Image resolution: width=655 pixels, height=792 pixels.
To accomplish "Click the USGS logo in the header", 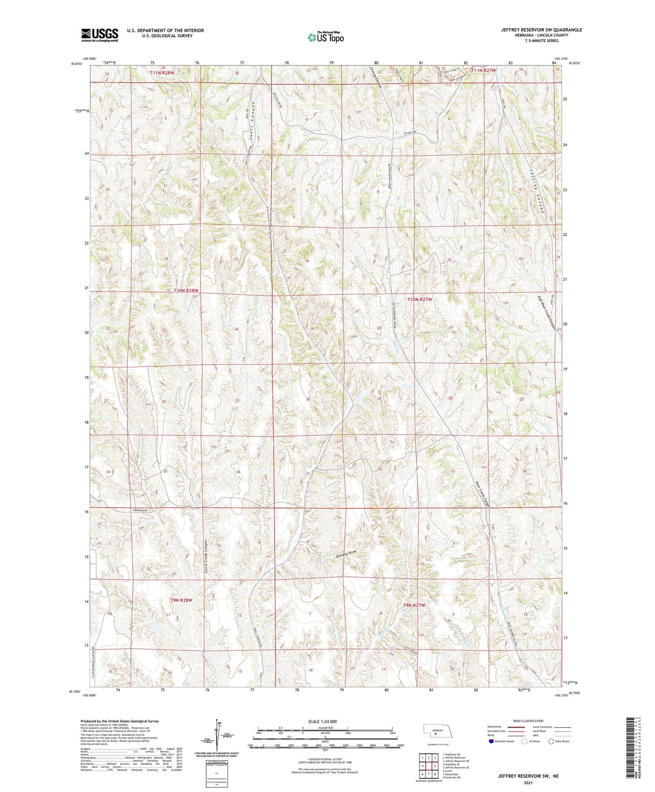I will [x=100, y=34].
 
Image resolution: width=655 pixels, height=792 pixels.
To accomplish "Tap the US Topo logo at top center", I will [x=325, y=37].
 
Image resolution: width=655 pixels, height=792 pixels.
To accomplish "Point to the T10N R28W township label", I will [x=186, y=291].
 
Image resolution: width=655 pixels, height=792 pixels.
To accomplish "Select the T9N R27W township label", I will [x=414, y=605].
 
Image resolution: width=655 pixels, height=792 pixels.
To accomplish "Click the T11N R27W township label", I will [x=483, y=71].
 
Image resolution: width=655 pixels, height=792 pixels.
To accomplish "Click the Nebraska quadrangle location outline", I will [x=437, y=732].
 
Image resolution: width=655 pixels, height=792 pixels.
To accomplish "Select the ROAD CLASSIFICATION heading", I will [x=528, y=721].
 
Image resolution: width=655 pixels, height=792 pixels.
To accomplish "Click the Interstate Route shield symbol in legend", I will [x=492, y=741].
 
